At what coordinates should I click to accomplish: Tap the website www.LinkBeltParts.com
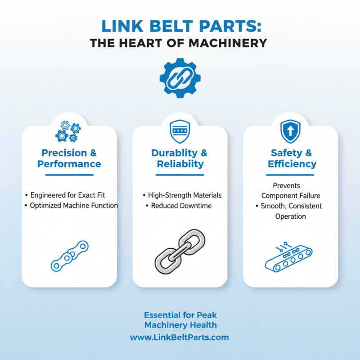180,337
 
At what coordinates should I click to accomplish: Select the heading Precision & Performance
69,158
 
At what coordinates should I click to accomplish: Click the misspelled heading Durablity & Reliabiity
180,158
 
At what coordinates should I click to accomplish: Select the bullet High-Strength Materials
184,195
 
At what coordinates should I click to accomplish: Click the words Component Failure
290,196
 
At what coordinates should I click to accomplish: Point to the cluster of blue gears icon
68,131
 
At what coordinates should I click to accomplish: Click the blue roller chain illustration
69,256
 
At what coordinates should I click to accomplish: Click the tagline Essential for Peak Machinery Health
180,320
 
